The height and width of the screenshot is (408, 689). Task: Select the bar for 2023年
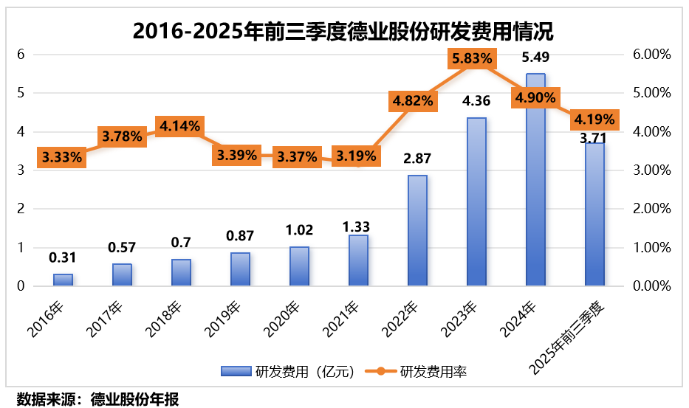click(476, 201)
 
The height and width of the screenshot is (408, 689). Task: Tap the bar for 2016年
click(63, 280)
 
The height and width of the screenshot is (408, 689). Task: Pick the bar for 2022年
click(417, 230)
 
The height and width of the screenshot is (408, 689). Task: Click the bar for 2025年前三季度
click(594, 214)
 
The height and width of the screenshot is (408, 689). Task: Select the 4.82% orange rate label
click(411, 101)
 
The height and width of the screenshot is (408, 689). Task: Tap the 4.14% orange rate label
click(179, 125)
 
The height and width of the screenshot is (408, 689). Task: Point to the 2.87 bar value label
click(417, 159)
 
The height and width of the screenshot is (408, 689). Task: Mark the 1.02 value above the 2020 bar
click(299, 229)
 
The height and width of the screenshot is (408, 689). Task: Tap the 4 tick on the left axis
click(22, 132)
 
